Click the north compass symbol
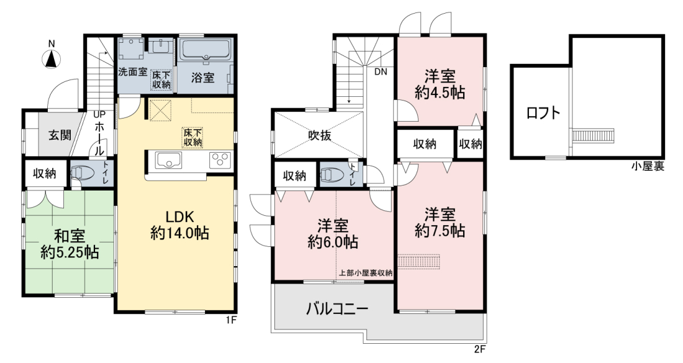[x=52, y=58]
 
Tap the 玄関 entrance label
[x=59, y=135]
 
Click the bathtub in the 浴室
[x=205, y=50]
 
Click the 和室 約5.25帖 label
[x=70, y=244]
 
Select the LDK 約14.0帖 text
[x=179, y=225]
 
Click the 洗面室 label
[x=133, y=72]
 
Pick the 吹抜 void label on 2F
[x=320, y=136]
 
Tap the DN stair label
[x=381, y=72]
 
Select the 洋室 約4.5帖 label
[x=440, y=84]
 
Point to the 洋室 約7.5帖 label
[x=440, y=222]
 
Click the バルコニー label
[x=337, y=309]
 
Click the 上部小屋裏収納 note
[x=366, y=274]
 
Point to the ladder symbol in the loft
[x=592, y=135]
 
